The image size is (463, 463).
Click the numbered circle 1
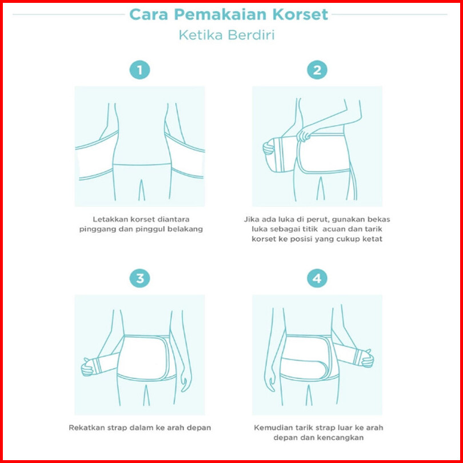(x=139, y=70)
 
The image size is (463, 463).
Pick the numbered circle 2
(x=317, y=70)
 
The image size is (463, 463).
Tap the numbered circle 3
(x=139, y=278)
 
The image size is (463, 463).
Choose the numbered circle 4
(x=317, y=278)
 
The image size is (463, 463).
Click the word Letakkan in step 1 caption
(x=106, y=219)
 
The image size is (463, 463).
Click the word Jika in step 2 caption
(x=250, y=219)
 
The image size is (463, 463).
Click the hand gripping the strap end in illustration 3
(x=87, y=367)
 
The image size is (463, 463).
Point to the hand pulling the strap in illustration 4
(x=368, y=358)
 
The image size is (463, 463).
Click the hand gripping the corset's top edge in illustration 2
(x=304, y=135)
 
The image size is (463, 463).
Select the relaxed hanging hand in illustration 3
(x=186, y=381)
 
